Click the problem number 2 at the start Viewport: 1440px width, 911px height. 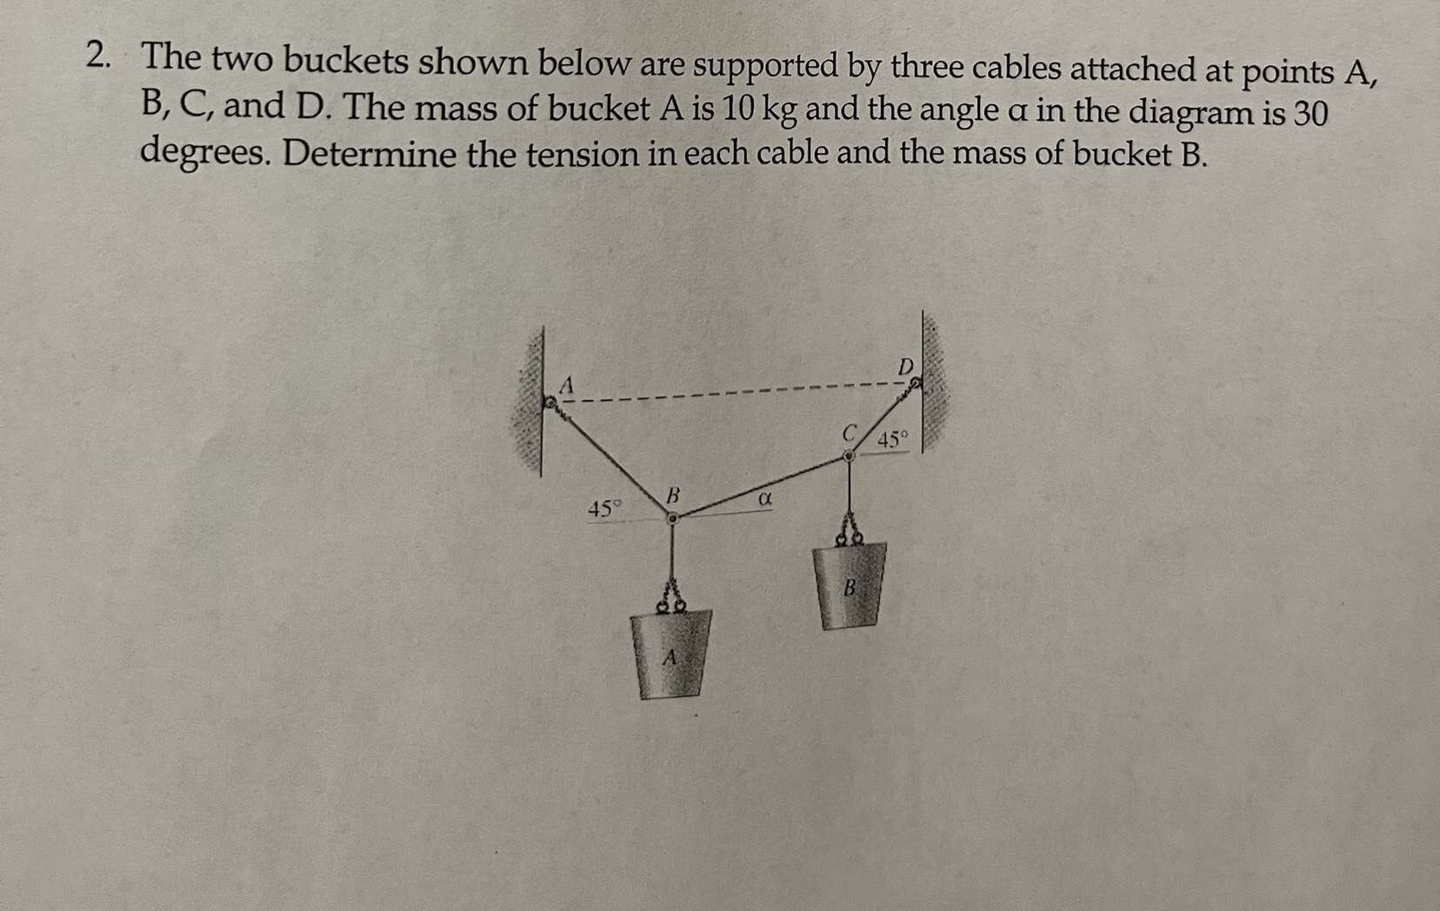(x=98, y=57)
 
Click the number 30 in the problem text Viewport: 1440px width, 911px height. (x=1308, y=115)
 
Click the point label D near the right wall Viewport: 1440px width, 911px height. (x=905, y=365)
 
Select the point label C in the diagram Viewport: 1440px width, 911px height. (x=851, y=432)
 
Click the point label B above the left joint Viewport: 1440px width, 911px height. (x=671, y=496)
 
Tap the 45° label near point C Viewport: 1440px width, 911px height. (x=892, y=439)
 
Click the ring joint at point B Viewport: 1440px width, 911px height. (x=672, y=519)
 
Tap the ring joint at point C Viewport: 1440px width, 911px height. (x=850, y=455)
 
